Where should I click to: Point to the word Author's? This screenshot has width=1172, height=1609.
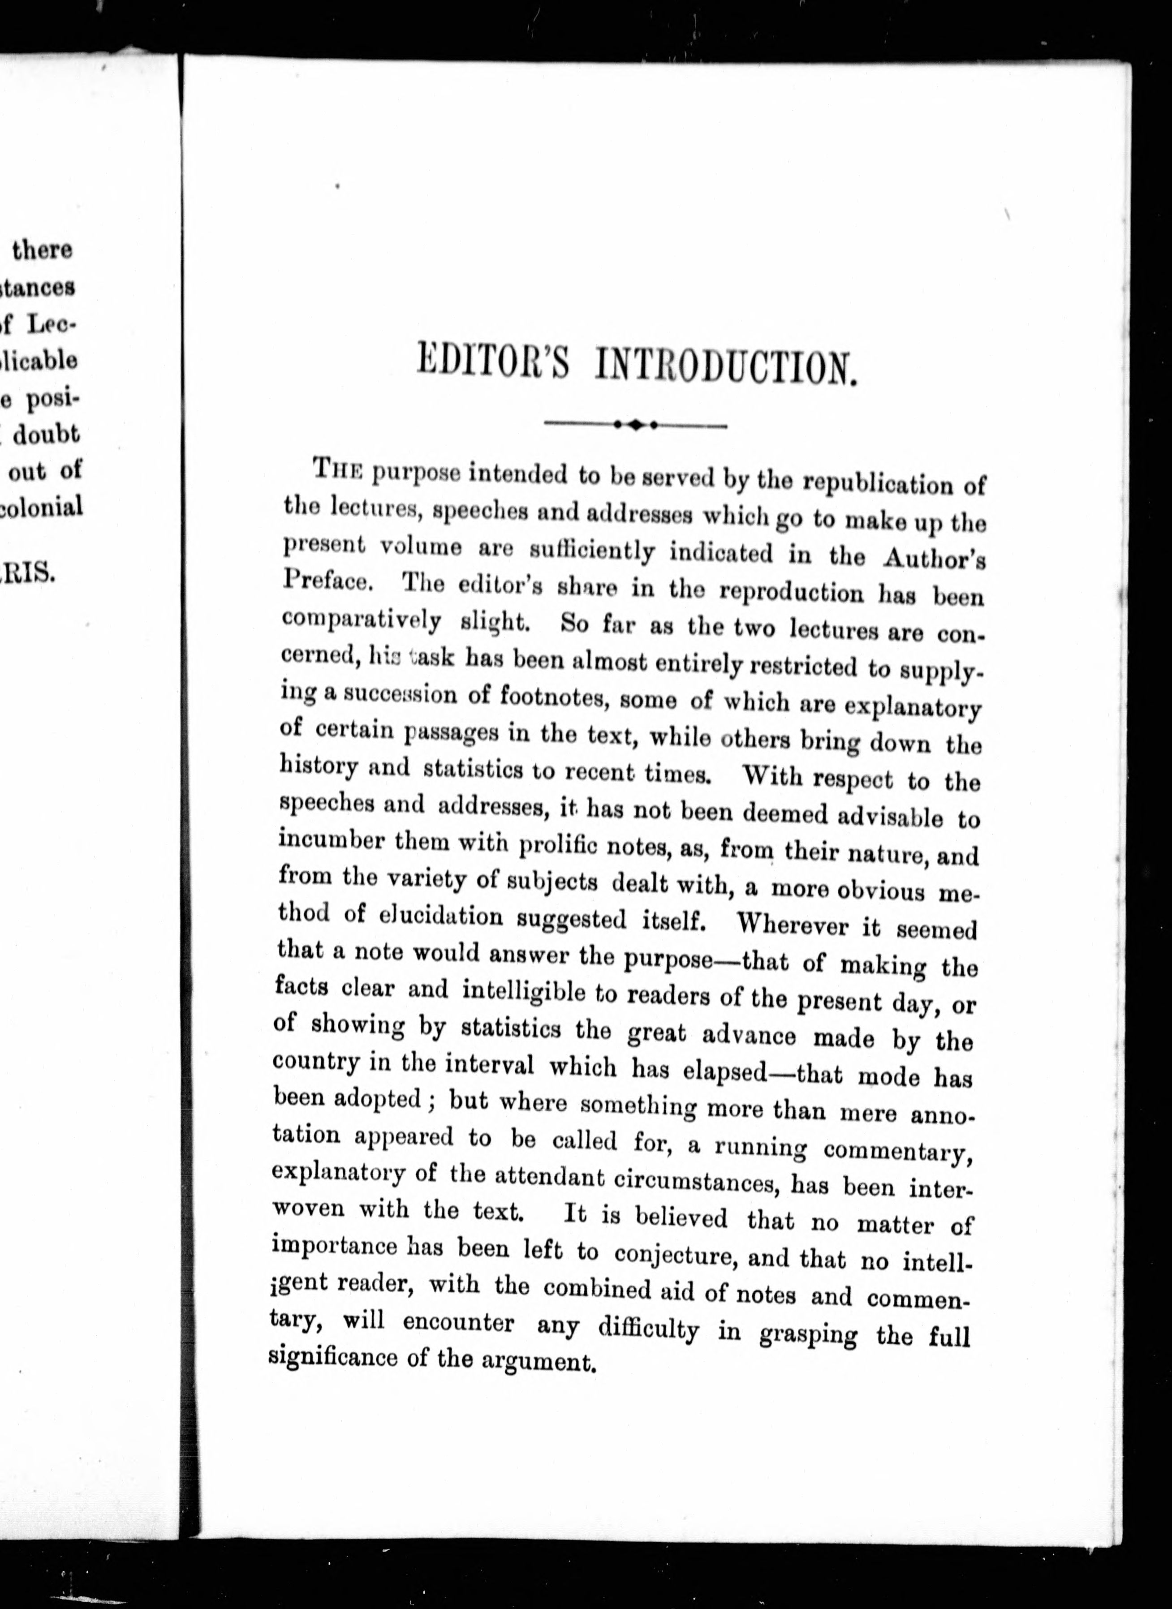point(934,558)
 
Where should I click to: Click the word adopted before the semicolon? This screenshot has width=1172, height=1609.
point(377,1099)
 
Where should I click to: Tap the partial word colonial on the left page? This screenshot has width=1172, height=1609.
point(43,507)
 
